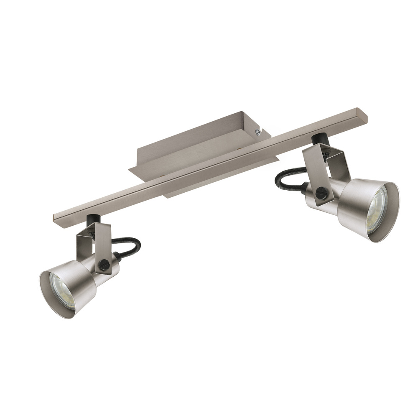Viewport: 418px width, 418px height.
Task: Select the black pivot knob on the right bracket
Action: (321, 194)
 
